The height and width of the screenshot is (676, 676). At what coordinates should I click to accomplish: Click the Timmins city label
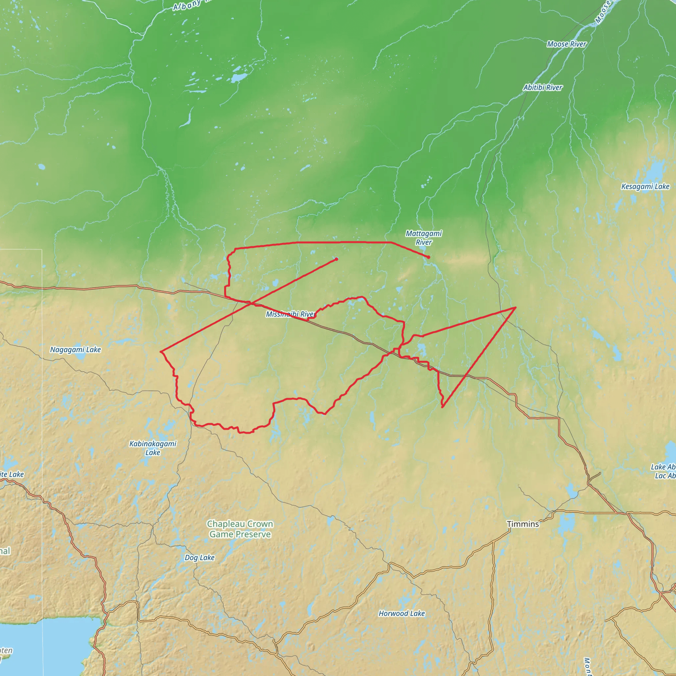click(x=523, y=524)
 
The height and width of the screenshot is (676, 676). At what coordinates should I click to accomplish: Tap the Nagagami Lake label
click(x=75, y=350)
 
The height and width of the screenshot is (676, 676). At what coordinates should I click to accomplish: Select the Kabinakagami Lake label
click(x=153, y=448)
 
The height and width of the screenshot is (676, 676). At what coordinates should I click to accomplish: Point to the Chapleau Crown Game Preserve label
click(x=240, y=529)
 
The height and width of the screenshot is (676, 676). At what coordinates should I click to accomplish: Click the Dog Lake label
click(x=199, y=558)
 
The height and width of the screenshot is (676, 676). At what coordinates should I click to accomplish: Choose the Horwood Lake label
click(x=402, y=613)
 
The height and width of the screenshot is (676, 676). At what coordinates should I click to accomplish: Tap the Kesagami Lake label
click(x=645, y=186)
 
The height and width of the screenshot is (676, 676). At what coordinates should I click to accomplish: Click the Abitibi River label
click(x=543, y=87)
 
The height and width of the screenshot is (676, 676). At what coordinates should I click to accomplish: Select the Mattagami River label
click(x=424, y=238)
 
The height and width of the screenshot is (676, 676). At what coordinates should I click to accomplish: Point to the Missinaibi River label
click(x=290, y=314)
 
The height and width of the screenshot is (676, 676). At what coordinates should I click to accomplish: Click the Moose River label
click(x=566, y=44)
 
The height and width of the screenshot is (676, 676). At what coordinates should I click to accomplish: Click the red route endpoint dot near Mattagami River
click(x=429, y=257)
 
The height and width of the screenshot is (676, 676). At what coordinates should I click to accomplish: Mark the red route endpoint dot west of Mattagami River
click(x=336, y=259)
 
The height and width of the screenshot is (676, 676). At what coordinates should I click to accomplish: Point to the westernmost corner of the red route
click(x=161, y=351)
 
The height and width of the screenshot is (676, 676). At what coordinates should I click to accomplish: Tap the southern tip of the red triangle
click(x=443, y=407)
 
